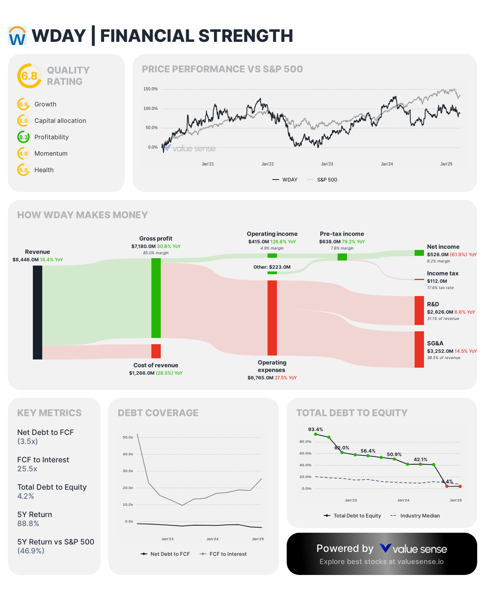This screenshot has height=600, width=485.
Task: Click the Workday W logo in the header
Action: click(x=17, y=36)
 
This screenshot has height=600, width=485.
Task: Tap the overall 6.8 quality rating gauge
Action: click(x=29, y=76)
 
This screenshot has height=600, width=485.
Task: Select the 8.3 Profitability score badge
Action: click(x=23, y=137)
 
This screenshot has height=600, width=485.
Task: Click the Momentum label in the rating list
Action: click(x=51, y=154)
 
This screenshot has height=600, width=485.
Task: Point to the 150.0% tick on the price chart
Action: click(x=151, y=89)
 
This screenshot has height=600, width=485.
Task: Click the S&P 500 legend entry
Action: click(x=327, y=180)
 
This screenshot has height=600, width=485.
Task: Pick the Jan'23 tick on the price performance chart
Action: click(x=327, y=164)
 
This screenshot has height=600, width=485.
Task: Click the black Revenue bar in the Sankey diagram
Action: click(x=38, y=312)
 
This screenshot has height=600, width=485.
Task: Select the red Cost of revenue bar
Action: click(x=156, y=351)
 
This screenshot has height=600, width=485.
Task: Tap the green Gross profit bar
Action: click(x=156, y=298)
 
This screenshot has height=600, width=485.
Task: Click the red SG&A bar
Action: click(x=419, y=349)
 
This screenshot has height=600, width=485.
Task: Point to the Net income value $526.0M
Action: click(x=438, y=255)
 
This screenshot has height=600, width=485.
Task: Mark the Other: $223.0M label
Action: click(x=272, y=267)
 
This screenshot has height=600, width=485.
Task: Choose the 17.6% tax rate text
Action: click(x=440, y=288)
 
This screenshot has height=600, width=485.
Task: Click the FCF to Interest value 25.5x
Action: click(x=27, y=469)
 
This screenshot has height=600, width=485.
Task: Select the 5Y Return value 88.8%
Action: click(x=28, y=524)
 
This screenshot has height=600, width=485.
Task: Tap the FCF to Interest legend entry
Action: click(x=228, y=554)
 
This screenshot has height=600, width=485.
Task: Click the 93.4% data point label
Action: click(x=316, y=429)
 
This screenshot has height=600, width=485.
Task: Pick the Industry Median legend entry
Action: click(x=420, y=516)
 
